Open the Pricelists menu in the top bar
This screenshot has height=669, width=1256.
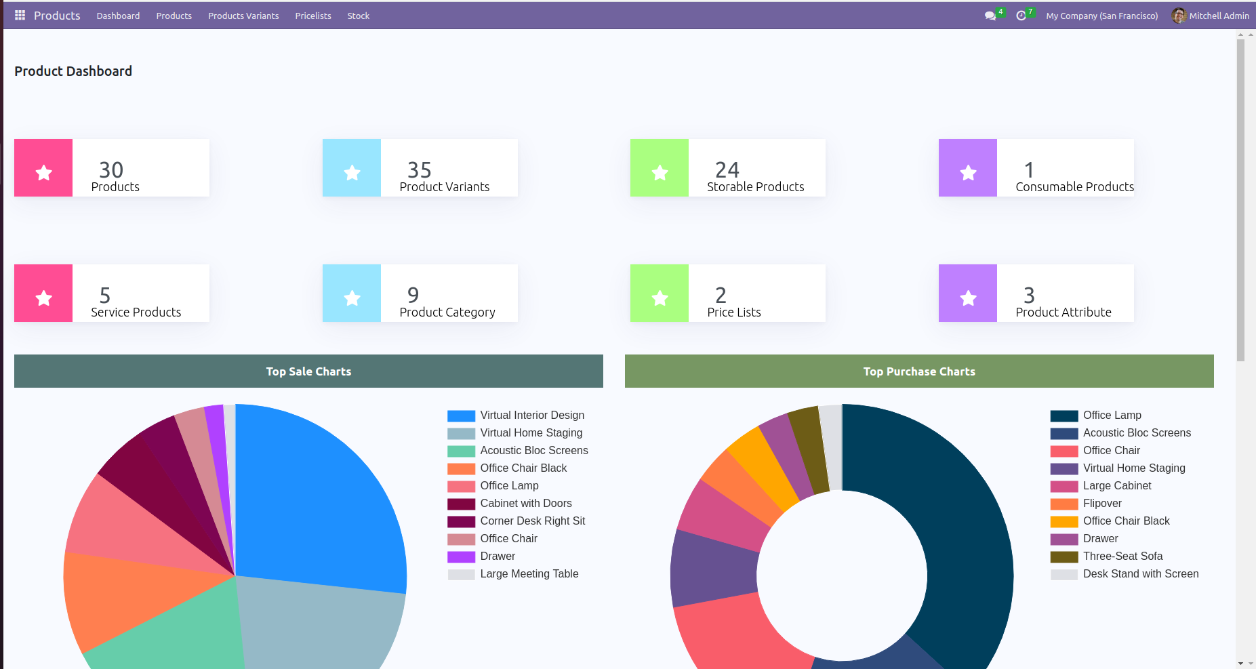pos(313,16)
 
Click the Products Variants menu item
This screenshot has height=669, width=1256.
pos(243,16)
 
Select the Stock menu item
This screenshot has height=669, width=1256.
pos(358,16)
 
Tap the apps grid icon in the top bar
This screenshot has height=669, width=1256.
pos(20,15)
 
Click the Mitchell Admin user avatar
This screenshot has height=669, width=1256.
pos(1179,16)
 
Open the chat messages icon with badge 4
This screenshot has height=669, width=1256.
pos(990,16)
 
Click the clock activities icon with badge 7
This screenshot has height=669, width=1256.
pos(1021,16)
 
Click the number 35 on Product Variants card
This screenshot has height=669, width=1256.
pos(419,169)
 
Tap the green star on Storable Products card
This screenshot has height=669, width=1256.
pos(660,173)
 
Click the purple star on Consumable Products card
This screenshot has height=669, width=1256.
pos(968,173)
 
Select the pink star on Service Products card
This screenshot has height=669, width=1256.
pos(43,298)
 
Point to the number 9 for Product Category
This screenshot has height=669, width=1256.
pos(413,295)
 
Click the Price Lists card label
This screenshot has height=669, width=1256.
pos(733,312)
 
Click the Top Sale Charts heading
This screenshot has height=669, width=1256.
pos(308,371)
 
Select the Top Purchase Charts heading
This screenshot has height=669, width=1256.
pos(918,371)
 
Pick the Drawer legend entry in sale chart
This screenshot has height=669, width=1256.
pos(498,556)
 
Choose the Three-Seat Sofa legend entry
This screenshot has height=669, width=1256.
pos(1122,556)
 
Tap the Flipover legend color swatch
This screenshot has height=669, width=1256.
pos(1063,504)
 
